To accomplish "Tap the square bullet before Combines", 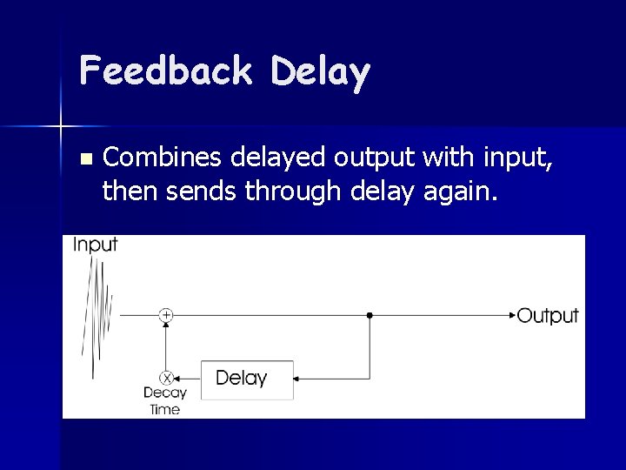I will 84,159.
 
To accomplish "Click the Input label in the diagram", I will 95,245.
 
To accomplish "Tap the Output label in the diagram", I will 547,315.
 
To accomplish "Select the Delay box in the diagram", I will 247,379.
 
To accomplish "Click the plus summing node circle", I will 166,314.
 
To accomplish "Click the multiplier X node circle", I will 167,378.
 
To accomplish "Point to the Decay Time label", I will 164,400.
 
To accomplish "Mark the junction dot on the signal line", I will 370,314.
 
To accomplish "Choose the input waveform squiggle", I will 97,313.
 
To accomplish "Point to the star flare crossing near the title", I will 60,127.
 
